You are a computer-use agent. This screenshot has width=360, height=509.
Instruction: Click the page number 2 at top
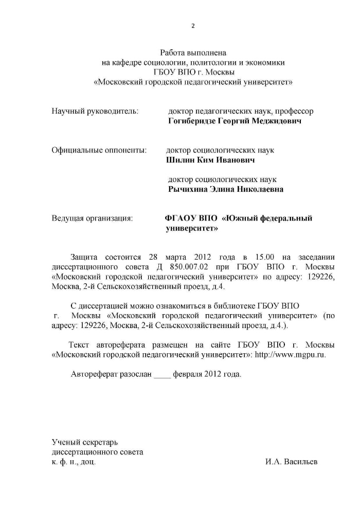point(193,27)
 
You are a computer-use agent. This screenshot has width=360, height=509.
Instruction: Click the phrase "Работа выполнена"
point(193,52)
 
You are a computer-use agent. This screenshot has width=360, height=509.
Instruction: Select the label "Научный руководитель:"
point(95,111)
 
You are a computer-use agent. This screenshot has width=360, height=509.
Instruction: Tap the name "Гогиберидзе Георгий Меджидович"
point(235,121)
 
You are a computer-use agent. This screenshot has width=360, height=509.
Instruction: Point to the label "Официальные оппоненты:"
point(99,150)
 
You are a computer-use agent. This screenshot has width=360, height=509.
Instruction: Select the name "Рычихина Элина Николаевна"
point(226,189)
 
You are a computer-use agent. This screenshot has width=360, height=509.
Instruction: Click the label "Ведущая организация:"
point(93,218)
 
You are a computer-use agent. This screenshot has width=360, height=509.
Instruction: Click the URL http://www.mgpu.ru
point(290,354)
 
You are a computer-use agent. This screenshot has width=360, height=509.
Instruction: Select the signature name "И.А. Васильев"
point(292,461)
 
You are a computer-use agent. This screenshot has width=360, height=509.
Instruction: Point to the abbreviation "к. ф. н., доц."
point(74,461)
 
